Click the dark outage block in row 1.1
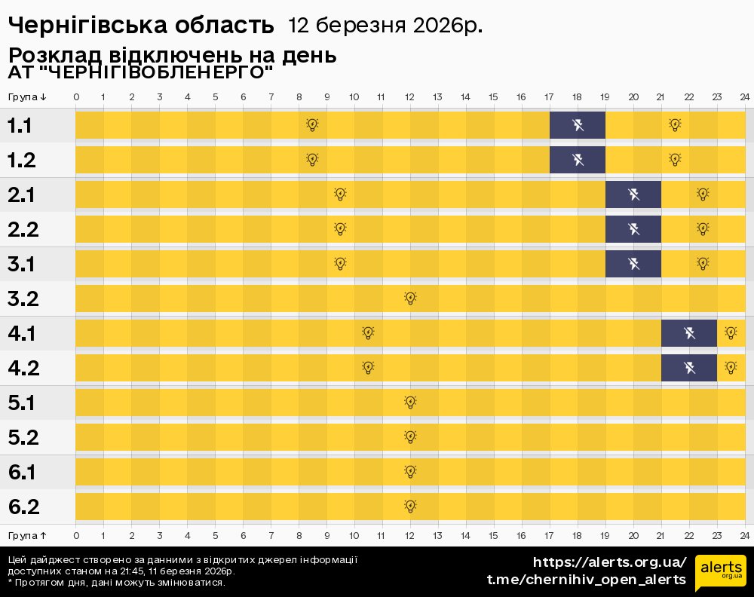[577, 125]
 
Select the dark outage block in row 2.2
[633, 229]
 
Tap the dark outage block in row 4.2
[688, 368]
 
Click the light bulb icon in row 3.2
[410, 298]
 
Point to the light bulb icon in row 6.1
[410, 472]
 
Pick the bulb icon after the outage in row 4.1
[730, 333]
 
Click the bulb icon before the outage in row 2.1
[340, 194]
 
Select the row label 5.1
[23, 403]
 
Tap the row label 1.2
[23, 161]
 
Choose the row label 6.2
[23, 507]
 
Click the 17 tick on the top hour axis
[549, 97]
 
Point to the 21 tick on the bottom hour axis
[661, 535]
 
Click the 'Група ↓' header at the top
[27, 97]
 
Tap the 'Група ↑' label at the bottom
[27, 535]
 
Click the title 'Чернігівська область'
[141, 26]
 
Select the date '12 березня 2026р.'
[385, 26]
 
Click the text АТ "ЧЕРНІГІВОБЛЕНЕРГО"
[140, 72]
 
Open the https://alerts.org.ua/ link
[609, 562]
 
